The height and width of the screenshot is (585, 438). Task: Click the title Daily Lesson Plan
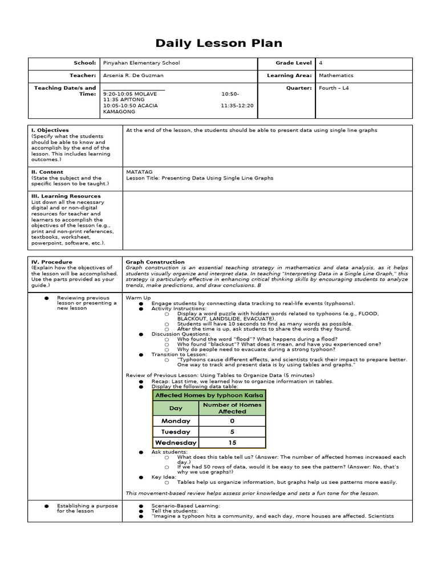pos(219,43)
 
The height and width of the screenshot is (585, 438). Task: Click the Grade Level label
pos(294,63)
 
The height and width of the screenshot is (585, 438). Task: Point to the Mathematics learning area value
pos(336,75)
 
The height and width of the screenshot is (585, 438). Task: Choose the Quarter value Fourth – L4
pos(334,88)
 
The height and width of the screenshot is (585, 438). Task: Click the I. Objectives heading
pos(50,130)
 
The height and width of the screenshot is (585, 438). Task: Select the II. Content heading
pos(47,172)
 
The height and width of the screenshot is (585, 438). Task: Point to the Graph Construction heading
pos(155,262)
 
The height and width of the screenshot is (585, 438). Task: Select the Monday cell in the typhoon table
pos(176,421)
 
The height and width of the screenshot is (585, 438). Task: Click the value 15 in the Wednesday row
pos(232,443)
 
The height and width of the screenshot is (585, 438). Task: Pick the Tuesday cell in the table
pos(176,432)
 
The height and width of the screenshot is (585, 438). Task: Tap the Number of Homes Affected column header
pos(232,408)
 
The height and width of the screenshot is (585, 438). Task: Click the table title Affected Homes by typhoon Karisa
pos(209,395)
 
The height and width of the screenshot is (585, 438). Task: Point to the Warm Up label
pos(139,298)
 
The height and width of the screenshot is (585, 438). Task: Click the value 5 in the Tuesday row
pos(232,432)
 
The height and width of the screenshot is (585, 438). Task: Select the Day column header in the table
pos(176,408)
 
